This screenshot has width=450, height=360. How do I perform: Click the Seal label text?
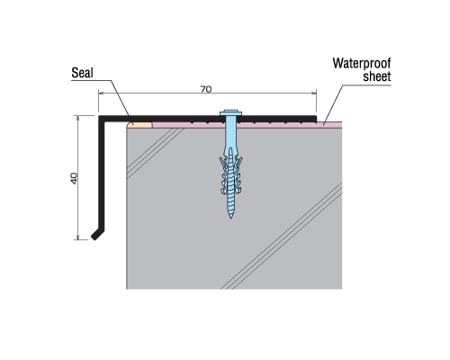82,73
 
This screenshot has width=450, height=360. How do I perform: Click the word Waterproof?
362,64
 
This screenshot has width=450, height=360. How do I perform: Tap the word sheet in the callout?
377,76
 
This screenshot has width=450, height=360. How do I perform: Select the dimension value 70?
206,89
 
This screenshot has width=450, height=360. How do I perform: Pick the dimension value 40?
74,178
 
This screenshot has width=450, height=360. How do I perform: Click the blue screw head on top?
230,113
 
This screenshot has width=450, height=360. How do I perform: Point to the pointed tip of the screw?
230,217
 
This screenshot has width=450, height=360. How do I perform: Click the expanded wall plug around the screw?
230,174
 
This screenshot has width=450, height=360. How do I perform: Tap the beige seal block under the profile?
139,124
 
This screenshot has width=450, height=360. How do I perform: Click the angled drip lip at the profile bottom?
98,235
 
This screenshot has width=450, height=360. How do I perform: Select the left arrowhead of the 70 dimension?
101,94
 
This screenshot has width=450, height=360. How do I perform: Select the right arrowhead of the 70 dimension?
314,94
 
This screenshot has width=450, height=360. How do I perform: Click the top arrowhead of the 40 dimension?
78,118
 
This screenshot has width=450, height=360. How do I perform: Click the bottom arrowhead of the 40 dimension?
78,237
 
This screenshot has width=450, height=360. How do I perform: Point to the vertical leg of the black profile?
102,174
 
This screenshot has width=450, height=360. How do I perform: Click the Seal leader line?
120,98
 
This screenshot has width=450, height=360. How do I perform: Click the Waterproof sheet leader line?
333,104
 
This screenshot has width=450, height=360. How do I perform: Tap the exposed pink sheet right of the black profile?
329,125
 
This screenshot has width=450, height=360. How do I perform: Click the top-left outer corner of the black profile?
99,115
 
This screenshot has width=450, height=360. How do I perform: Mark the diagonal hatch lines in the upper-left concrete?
155,152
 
